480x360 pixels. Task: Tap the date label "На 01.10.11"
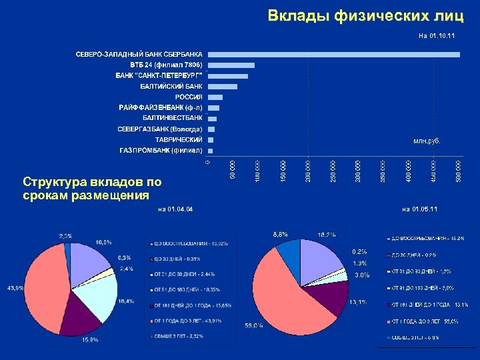click(x=437, y=35)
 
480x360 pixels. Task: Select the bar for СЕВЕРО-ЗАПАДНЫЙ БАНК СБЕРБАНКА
click(x=333, y=54)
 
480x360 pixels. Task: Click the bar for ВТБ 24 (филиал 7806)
click(x=231, y=65)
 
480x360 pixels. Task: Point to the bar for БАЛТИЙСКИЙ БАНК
click(x=223, y=87)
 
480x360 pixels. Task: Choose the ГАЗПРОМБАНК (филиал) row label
click(x=161, y=151)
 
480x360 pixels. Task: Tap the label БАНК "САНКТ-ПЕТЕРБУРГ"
click(x=159, y=75)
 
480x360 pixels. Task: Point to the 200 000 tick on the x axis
click(x=308, y=169)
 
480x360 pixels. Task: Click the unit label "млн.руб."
click(x=427, y=141)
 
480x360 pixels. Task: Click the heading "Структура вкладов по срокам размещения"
click(x=91, y=188)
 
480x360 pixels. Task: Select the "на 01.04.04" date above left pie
click(x=175, y=209)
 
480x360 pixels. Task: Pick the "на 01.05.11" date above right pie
click(x=420, y=209)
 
